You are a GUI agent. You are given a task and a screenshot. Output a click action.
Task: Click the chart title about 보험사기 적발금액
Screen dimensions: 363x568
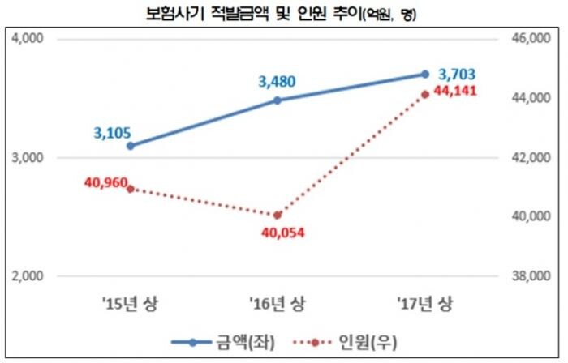(283, 14)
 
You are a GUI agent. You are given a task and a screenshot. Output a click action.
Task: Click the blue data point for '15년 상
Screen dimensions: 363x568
(130, 146)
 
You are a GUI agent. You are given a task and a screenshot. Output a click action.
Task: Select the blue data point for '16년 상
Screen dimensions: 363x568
(278, 100)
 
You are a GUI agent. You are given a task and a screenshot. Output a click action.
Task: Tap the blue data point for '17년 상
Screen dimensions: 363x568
(424, 74)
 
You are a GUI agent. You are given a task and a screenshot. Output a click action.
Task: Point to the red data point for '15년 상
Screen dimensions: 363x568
(130, 189)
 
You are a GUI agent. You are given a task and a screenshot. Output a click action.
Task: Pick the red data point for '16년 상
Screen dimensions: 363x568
(278, 216)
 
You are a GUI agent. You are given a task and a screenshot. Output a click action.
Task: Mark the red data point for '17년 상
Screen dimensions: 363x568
(424, 95)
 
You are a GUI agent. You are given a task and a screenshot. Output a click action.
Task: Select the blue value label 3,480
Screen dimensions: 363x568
(278, 81)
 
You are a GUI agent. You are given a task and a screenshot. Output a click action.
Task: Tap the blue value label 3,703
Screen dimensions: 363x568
(456, 74)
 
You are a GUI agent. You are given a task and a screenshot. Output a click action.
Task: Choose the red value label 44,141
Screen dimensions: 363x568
(456, 92)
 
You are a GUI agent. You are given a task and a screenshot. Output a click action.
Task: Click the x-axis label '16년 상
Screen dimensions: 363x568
(278, 305)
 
